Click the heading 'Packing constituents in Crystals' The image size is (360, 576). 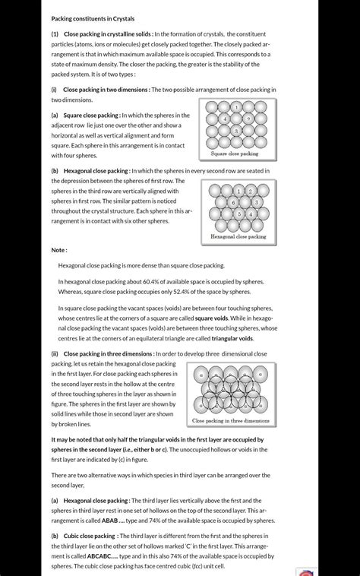point(92,18)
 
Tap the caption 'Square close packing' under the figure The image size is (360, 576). point(234,154)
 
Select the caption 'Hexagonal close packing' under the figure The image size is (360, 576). point(238,237)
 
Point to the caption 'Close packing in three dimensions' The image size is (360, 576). point(231,421)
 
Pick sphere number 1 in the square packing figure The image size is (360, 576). point(236,107)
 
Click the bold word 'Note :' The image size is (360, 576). point(59,250)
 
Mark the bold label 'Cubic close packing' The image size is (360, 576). point(90,536)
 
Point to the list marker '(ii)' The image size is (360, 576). point(55,354)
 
